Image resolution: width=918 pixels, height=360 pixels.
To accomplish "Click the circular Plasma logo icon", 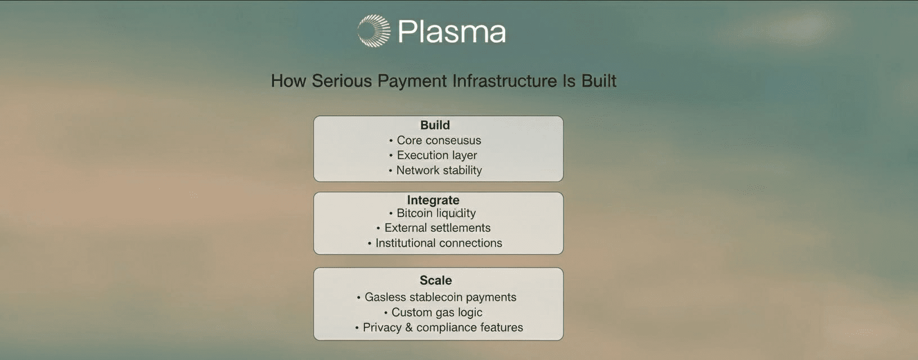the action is coord(373,31).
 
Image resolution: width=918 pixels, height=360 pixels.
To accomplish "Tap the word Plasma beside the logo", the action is coord(452,31).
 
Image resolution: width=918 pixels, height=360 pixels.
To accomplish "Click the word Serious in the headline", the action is coord(342,81).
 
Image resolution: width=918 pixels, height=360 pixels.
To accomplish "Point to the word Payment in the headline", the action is coord(412,81).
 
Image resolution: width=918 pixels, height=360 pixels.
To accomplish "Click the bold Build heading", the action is coord(435,125).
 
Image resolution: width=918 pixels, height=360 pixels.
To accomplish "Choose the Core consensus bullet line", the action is coord(435,140).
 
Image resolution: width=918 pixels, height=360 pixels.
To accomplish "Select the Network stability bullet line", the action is coord(435,170).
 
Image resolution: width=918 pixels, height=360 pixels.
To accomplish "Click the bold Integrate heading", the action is coord(433,200).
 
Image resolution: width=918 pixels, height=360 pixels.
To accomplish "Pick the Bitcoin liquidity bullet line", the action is coord(433,213).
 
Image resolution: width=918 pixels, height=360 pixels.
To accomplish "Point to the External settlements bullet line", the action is coord(434,228).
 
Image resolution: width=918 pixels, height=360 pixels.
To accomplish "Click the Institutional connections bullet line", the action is coord(435,243).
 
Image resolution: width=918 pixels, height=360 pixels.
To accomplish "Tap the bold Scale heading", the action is coord(435,281).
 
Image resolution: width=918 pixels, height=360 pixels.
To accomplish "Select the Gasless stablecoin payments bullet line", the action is coord(436,297).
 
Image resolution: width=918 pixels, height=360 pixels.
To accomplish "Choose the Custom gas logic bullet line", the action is coord(433,312).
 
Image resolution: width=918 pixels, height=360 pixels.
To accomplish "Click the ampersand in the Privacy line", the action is coord(408,327).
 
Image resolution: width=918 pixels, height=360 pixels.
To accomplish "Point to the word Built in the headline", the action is coord(598,81).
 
